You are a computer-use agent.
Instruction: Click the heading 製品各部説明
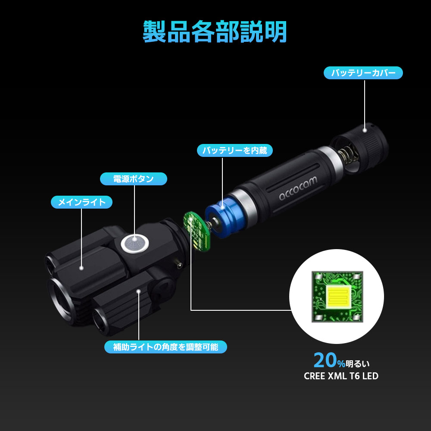pos(215,31)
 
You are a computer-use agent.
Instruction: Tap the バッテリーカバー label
pos(363,73)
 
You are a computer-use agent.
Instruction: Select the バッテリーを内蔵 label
pos(235,150)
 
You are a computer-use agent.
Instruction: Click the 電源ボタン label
pos(134,179)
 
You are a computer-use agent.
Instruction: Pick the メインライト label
pos(81,202)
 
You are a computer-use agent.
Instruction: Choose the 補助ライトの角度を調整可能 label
pos(166,347)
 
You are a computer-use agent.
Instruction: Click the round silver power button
pos(134,243)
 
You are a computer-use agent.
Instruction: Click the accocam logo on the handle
pos(298,188)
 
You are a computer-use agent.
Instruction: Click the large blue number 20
pos(325,360)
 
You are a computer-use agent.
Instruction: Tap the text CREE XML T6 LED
pos(341,376)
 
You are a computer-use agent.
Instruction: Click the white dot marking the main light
pos(81,268)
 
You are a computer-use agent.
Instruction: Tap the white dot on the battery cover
pos(365,130)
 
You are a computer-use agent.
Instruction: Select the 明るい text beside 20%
pos(358,364)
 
